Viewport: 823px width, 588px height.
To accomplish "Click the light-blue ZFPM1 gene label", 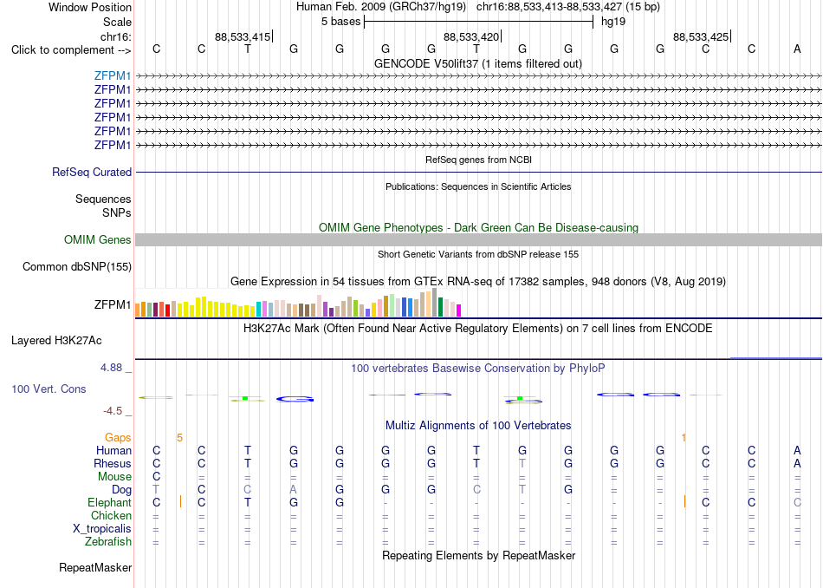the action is click(x=113, y=75).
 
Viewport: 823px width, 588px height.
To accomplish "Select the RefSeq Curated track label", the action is click(x=92, y=172).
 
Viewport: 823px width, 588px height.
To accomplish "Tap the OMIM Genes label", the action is click(x=98, y=239).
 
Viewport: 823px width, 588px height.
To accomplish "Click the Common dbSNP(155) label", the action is click(x=77, y=266).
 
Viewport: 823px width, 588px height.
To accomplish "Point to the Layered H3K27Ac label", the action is click(x=56, y=341).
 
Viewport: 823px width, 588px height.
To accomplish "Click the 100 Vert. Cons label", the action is click(x=49, y=389).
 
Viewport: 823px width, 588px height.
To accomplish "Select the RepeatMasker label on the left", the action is click(x=95, y=567).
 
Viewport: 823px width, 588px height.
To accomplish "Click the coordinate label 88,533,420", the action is click(x=471, y=36).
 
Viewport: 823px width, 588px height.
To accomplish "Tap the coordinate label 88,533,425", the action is click(x=701, y=36).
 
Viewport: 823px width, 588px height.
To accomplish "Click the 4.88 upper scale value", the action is click(x=111, y=368).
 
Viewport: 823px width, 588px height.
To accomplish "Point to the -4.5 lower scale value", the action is click(x=113, y=411).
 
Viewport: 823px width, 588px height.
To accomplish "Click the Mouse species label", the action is click(x=114, y=477).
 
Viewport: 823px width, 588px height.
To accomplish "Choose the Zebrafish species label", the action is click(x=108, y=541).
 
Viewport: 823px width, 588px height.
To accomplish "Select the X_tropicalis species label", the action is click(x=102, y=529).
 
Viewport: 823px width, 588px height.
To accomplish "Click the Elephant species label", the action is click(x=110, y=502).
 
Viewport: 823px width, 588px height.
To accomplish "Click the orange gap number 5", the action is click(x=179, y=438).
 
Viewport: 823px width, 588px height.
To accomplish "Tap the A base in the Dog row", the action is click(x=294, y=490).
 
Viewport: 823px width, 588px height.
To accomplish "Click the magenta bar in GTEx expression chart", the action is click(x=459, y=310).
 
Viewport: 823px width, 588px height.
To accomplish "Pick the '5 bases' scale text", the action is click(x=341, y=22).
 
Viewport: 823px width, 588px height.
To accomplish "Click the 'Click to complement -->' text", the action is click(x=71, y=50).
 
